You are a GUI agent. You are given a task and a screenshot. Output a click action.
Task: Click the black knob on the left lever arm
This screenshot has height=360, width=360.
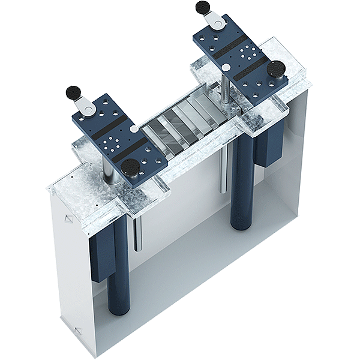(74, 92)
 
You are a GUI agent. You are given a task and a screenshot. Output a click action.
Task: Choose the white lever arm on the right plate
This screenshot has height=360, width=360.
(214, 21)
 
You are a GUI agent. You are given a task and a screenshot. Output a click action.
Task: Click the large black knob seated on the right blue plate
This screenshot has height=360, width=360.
(277, 70)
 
